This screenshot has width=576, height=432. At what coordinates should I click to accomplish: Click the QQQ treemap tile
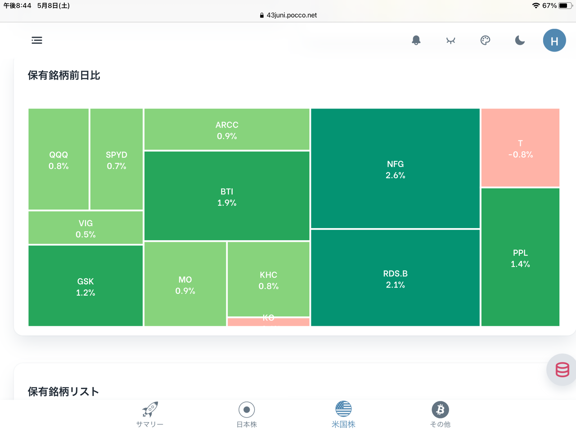[58, 160]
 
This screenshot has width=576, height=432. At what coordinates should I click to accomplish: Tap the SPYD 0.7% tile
[117, 160]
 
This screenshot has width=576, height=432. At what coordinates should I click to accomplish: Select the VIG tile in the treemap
[85, 228]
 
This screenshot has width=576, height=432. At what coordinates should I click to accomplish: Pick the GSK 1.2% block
[85, 286]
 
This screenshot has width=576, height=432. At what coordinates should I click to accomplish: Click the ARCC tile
[227, 130]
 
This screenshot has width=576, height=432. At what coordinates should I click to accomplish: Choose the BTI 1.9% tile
[227, 197]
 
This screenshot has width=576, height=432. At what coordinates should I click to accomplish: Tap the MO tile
[185, 284]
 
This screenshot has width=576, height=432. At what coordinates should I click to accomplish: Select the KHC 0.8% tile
[268, 279]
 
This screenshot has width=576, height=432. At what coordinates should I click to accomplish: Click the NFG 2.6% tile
[395, 169]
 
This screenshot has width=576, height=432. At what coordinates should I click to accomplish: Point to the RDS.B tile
[395, 279]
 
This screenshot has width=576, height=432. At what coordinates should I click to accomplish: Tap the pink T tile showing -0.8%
[520, 148]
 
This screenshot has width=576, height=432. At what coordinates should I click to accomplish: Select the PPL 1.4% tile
[520, 258]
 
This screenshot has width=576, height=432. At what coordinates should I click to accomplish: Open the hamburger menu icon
[37, 40]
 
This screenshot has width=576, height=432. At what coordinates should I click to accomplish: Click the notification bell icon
[416, 40]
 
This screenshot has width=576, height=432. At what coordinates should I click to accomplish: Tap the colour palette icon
[485, 40]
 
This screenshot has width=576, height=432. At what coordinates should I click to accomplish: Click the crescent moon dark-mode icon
[520, 40]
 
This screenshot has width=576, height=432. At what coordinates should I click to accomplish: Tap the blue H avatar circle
[554, 40]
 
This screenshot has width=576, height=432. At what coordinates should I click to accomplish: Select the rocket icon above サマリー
[150, 409]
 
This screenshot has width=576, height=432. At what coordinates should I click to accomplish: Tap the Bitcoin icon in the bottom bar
[441, 409]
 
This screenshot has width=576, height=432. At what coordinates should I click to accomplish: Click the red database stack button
[562, 369]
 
